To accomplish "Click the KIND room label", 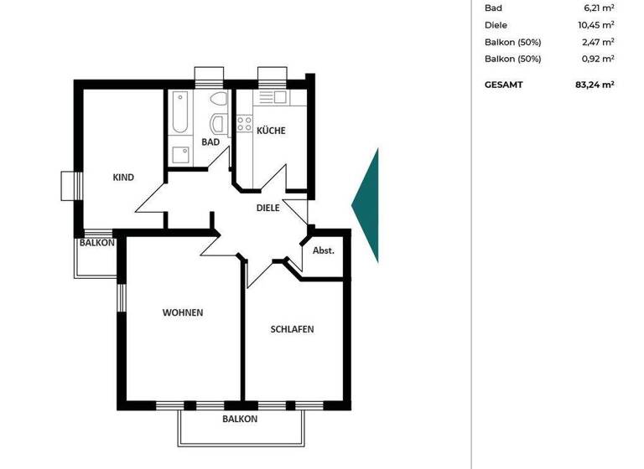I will tap(123, 178).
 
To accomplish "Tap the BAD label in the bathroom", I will tap(210, 142).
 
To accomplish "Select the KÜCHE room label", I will tap(271, 131).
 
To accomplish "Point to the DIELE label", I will tap(267, 208).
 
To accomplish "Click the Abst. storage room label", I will tap(324, 251).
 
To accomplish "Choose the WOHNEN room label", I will tap(183, 312).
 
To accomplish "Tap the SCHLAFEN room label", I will tap(292, 329).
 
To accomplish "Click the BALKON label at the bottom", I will tap(240, 419).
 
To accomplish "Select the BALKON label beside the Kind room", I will tap(97, 244).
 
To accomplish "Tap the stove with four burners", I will tap(245, 124).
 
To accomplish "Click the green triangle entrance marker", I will tap(367, 204).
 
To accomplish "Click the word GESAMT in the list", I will tap(504, 85).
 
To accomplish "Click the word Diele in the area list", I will tap(496, 25).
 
